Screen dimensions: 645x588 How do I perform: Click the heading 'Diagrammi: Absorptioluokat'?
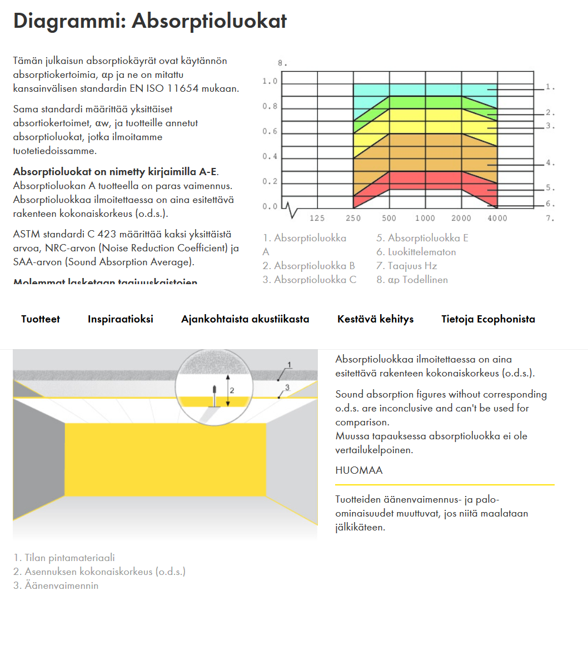tap(150, 21)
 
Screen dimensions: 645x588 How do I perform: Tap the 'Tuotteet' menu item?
tap(41, 319)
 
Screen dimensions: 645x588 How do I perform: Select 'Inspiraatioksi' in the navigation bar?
tap(121, 319)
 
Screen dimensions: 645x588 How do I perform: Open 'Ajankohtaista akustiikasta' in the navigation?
tap(245, 319)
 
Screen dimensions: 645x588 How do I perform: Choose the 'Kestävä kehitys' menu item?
tap(375, 319)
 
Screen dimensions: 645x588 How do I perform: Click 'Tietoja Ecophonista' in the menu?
tap(488, 319)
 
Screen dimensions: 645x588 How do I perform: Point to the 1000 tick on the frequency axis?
tap(425, 219)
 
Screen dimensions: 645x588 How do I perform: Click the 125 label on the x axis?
tap(317, 219)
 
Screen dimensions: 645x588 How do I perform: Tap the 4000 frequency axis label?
tap(497, 219)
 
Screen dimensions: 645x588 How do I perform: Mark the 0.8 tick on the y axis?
tap(270, 106)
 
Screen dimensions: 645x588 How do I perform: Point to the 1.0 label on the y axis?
tap(270, 82)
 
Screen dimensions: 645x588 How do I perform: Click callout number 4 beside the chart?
tap(549, 163)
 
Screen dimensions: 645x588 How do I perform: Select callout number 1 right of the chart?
tap(549, 87)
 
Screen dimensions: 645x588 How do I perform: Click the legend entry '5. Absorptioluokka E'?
tap(422, 238)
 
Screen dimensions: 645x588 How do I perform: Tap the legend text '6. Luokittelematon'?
tap(416, 252)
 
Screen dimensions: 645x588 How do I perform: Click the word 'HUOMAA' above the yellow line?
tap(359, 470)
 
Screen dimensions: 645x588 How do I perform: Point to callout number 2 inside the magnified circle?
tap(232, 390)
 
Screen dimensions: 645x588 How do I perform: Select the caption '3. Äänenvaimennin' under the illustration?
tap(56, 586)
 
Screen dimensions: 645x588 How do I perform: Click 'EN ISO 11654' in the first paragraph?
tap(171, 88)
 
